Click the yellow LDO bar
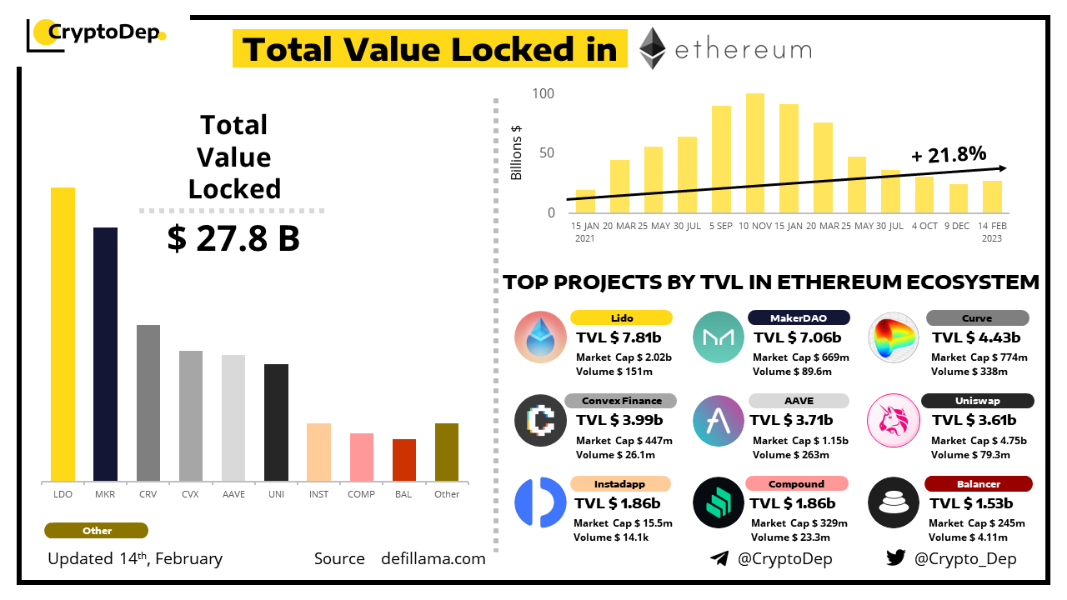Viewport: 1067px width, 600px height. coord(63,334)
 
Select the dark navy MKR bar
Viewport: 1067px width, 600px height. coord(105,354)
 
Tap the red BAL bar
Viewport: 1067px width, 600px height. coord(404,460)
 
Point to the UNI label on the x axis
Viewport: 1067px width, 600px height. coord(276,494)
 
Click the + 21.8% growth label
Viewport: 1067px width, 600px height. coord(949,154)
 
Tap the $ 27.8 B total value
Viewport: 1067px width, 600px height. coord(233,239)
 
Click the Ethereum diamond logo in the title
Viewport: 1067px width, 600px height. coord(652,48)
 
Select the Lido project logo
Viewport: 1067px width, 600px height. coord(540,337)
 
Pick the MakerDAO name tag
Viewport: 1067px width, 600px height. coord(799,317)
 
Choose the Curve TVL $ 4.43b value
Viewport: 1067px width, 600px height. coord(976,337)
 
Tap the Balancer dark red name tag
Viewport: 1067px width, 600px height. coord(979,484)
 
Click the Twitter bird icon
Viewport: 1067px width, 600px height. coord(896,558)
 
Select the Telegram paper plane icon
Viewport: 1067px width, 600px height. coord(719,558)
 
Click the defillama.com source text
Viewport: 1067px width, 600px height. coord(433,558)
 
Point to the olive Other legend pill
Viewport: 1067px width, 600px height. coord(96,531)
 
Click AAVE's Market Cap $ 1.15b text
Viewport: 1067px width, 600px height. coord(800,440)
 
